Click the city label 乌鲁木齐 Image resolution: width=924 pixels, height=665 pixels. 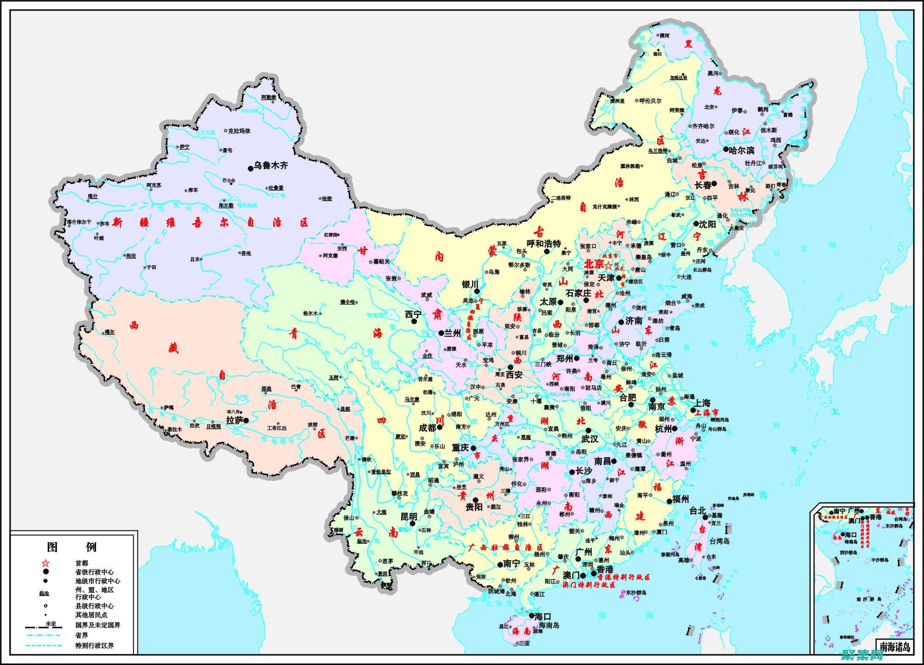271,165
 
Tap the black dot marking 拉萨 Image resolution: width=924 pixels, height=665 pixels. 246,420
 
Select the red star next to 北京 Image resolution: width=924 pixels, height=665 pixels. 608,266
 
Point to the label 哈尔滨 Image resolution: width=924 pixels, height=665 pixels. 741,150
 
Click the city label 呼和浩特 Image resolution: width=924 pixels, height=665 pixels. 544,244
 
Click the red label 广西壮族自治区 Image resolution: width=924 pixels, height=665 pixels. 505,547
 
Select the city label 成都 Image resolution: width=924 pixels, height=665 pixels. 427,427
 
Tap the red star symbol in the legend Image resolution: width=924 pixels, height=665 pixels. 46,563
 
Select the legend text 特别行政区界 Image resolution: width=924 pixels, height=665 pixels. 94,645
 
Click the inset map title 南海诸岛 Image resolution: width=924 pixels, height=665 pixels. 895,647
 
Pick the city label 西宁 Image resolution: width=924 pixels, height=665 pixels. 413,314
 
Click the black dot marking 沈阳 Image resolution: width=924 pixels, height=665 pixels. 696,223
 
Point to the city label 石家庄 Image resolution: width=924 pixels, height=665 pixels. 578,293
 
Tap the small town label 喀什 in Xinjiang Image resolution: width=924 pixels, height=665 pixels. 93,196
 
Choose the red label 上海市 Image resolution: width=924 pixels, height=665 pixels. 707,412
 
